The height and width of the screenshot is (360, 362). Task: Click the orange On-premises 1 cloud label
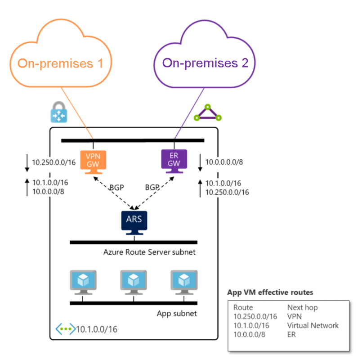point(61,63)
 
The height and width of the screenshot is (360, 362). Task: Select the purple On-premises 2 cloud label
point(205,63)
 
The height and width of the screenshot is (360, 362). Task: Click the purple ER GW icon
point(174,160)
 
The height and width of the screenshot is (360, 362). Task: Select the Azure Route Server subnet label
point(149,252)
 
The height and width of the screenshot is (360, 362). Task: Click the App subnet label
point(177,313)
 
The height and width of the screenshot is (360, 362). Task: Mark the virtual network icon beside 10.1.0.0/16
point(65,329)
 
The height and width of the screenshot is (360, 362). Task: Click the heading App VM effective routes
point(270,292)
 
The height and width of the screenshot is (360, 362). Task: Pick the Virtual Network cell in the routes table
point(313,325)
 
